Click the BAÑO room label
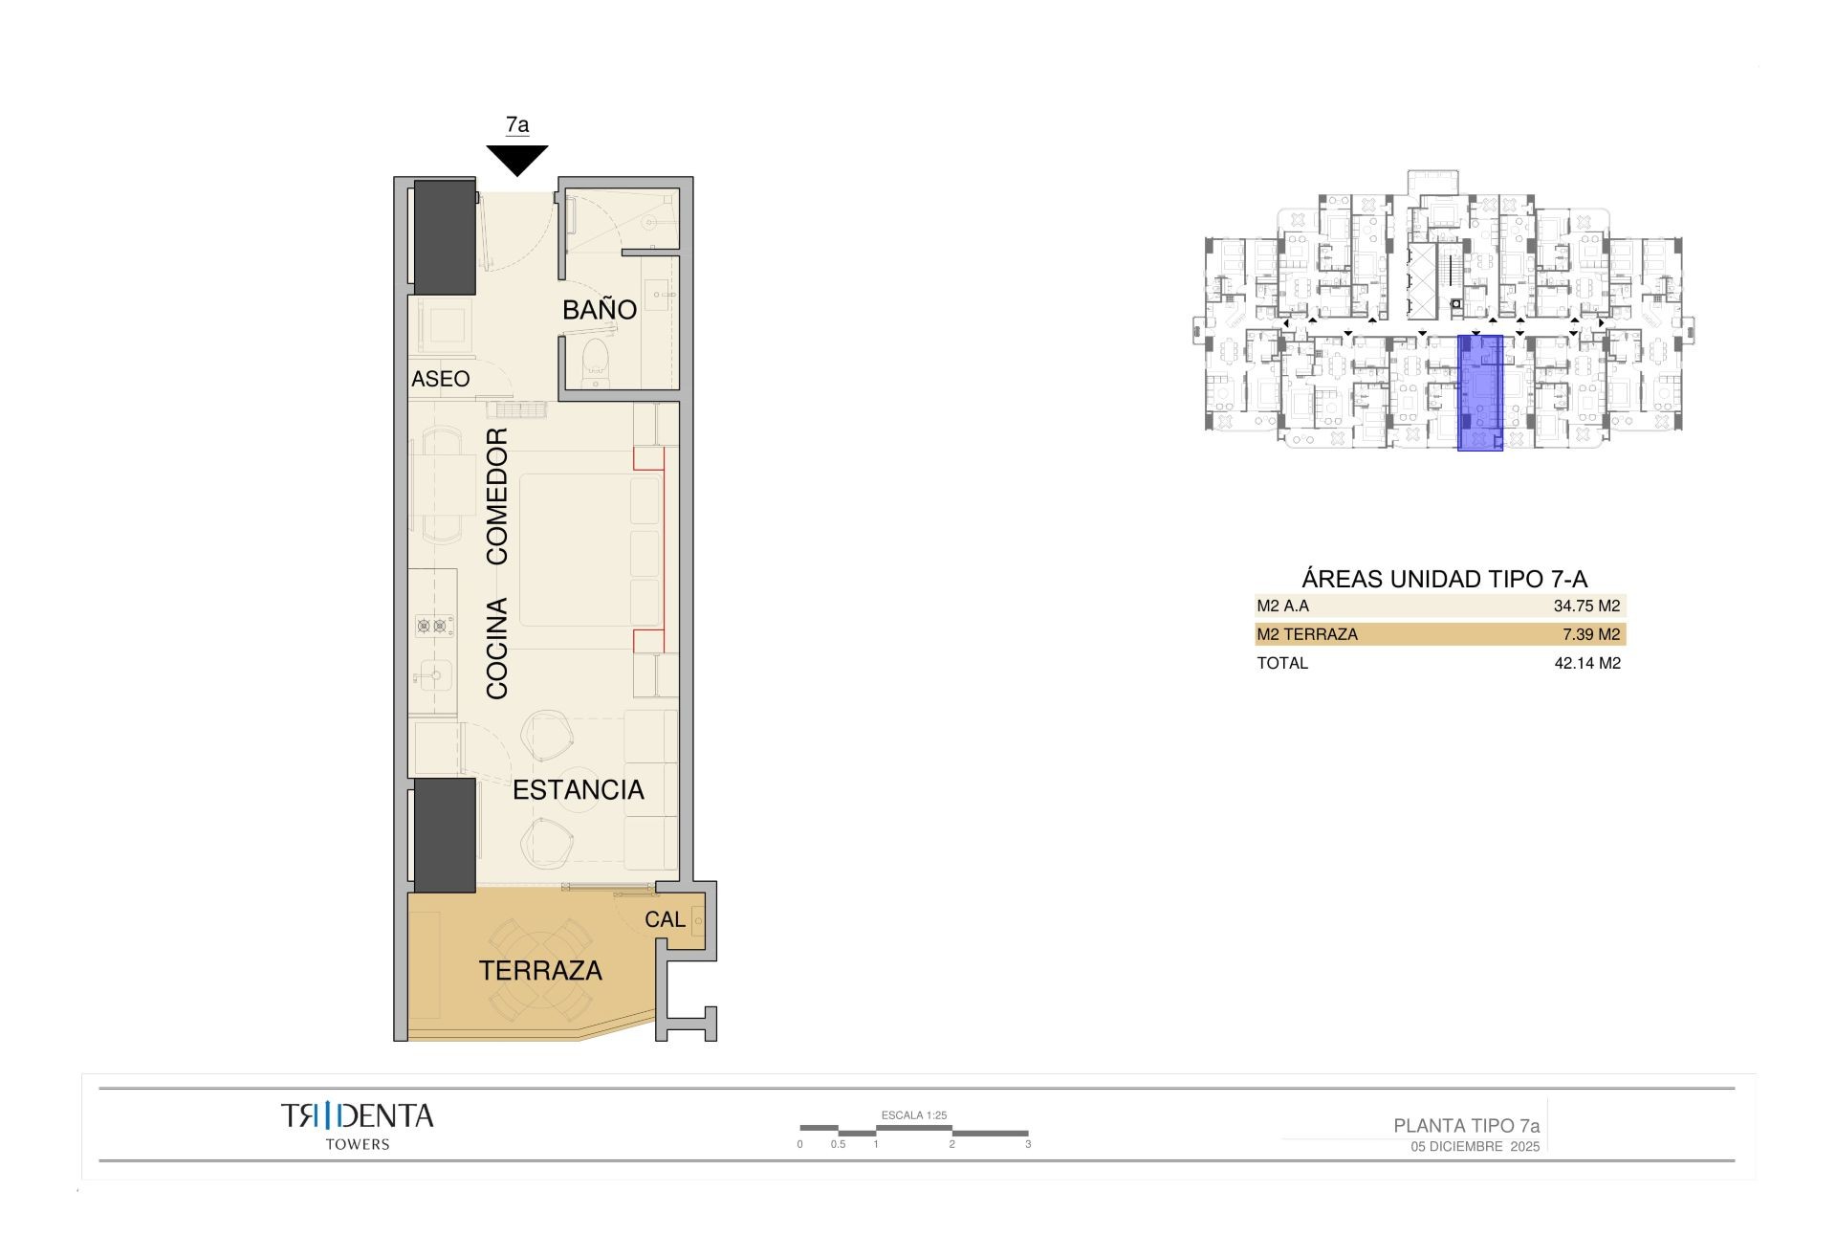[600, 310]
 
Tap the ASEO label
[441, 379]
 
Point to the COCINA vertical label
[497, 649]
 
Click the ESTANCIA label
[579, 790]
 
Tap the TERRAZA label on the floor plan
[540, 971]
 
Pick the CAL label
[665, 919]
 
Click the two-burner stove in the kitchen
[431, 627]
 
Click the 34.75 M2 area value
[1586, 606]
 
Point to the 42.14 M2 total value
[1587, 663]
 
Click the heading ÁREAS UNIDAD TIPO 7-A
[1444, 579]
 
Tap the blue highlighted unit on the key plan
[1479, 392]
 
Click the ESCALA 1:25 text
[913, 1115]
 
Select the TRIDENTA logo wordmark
[357, 1116]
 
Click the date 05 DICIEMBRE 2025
[1475, 1147]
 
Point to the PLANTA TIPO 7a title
[1466, 1126]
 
